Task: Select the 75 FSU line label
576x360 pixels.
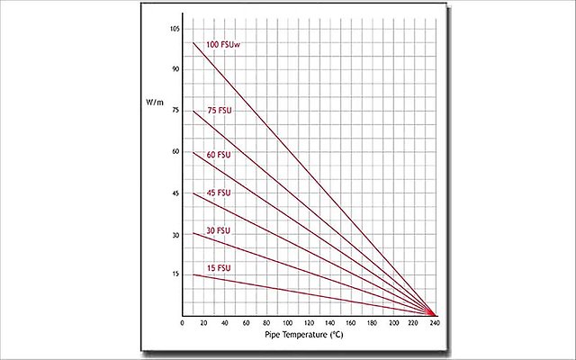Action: (220, 111)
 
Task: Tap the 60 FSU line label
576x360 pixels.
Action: (220, 155)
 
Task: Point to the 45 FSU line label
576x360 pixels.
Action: (220, 193)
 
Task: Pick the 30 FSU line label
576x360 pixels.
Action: (220, 230)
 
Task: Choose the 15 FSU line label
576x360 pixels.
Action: (220, 268)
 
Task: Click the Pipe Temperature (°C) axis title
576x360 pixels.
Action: (303, 335)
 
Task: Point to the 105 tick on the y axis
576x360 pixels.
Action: (175, 29)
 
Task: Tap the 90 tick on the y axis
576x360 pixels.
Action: (175, 69)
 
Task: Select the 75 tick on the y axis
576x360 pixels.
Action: (175, 111)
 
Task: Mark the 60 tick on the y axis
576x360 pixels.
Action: (175, 151)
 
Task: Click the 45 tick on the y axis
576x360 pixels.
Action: (175, 193)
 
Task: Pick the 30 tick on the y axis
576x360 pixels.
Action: (175, 233)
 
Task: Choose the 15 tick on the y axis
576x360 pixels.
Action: (175, 274)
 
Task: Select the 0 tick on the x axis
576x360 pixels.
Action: (183, 323)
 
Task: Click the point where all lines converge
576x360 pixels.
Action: (433, 314)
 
